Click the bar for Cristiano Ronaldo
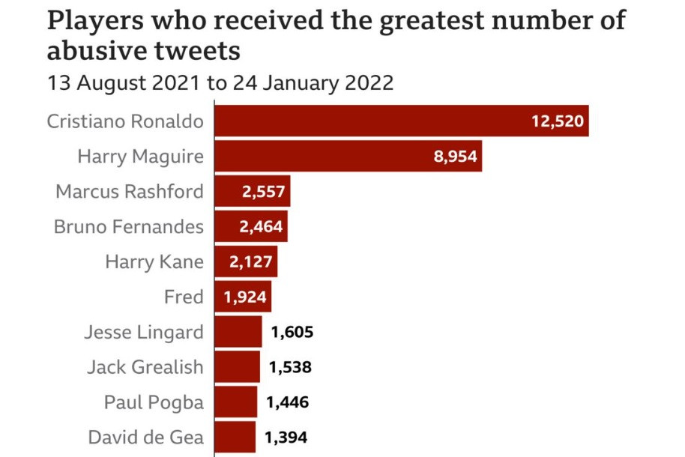point(401,121)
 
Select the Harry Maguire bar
point(348,157)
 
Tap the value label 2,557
point(263,192)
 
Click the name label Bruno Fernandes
point(128,227)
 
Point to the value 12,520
point(557,121)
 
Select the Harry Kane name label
point(154,262)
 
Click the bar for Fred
point(243,297)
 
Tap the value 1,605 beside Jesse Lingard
point(292,332)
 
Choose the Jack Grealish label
point(145,367)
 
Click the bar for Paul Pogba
point(236,402)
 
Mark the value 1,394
point(286,438)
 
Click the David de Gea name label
point(145,438)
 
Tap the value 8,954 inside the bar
point(455,157)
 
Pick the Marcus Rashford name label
point(129,192)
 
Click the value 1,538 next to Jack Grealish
point(289,367)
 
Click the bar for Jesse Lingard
point(238,332)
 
